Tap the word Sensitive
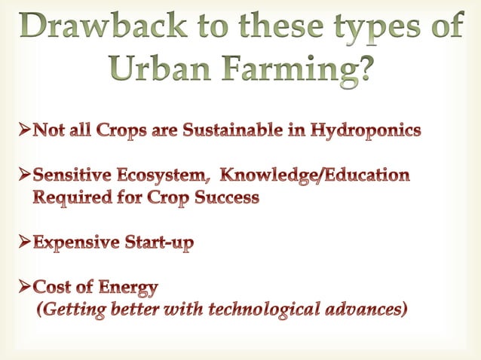point(75,176)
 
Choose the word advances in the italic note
point(367,310)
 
